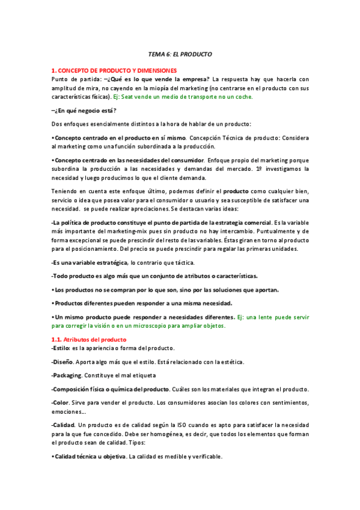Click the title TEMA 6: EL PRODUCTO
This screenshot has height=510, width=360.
coord(180,54)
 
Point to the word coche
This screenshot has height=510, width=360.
coord(243,96)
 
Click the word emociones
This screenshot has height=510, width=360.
coord(68,413)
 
